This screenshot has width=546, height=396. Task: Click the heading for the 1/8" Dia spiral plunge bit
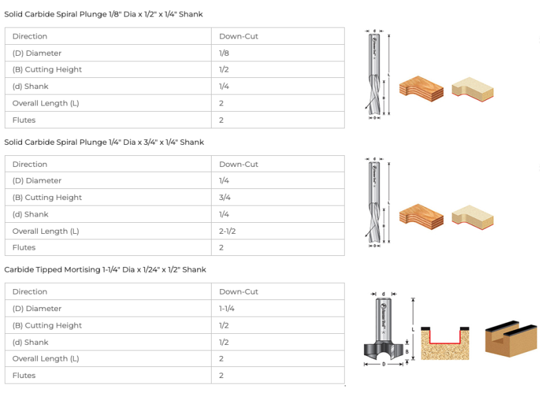click(x=103, y=14)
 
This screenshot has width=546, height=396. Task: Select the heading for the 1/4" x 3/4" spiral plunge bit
click(x=104, y=142)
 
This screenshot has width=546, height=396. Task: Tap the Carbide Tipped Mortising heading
click(x=105, y=270)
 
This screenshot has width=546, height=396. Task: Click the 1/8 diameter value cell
click(x=224, y=53)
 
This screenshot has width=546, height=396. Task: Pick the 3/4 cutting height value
click(x=225, y=197)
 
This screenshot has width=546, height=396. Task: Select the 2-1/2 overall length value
click(x=228, y=231)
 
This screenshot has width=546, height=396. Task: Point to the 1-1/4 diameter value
click(x=227, y=308)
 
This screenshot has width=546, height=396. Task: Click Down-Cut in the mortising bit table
click(x=239, y=292)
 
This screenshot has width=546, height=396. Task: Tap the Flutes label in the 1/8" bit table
click(x=24, y=120)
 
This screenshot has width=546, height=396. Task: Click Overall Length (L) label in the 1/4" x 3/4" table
click(x=45, y=231)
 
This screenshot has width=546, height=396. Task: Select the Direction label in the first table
click(x=30, y=37)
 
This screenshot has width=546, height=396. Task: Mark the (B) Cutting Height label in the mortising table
click(x=47, y=326)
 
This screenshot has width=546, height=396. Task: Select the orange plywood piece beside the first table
click(x=421, y=89)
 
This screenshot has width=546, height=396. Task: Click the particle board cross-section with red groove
click(x=445, y=342)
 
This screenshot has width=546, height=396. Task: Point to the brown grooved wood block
click(x=510, y=338)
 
